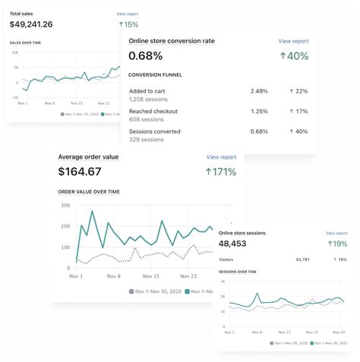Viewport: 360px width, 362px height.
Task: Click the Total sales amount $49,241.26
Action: point(31,24)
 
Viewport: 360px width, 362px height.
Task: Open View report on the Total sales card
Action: point(128,14)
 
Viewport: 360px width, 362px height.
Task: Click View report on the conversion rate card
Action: point(293,41)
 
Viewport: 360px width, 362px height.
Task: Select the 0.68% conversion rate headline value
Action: point(146,55)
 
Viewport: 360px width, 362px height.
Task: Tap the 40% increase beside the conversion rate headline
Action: point(294,55)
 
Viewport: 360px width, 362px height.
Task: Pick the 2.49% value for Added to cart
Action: point(259,91)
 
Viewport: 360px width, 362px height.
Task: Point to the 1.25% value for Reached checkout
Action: point(259,111)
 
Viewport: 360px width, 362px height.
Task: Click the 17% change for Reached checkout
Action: point(299,111)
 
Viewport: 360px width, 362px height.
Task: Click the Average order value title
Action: point(88,157)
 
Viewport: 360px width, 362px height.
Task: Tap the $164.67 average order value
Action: point(79,172)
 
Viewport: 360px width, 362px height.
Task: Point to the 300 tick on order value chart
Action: point(65,206)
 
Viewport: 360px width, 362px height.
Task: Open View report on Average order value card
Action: point(221,157)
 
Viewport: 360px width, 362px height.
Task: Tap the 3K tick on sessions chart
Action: point(223,282)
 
